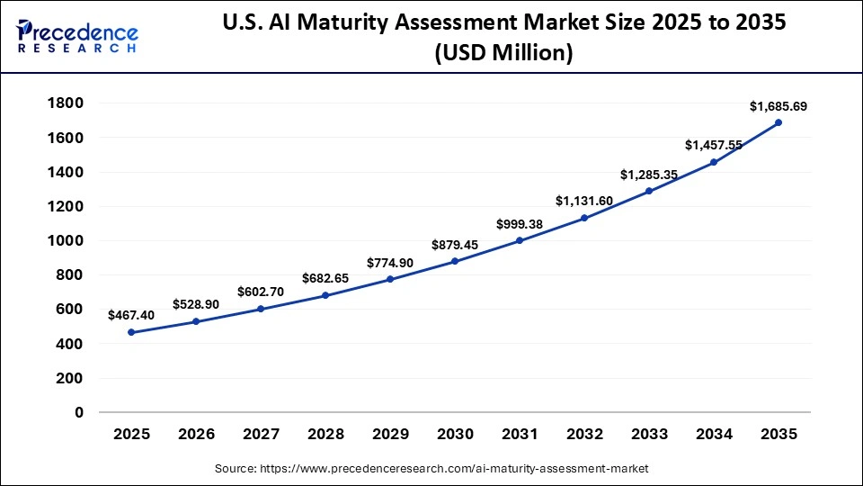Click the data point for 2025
pos(131,332)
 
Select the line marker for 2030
pos(455,261)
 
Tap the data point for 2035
pos(778,122)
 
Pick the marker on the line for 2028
pos(325,295)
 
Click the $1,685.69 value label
pos(778,106)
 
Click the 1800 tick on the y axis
pos(65,103)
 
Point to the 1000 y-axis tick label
pos(65,241)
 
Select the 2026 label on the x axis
pos(196,435)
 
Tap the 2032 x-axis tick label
pos(584,435)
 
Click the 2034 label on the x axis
pos(714,435)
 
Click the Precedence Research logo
pos(76,36)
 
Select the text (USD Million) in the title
pos(503,53)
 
